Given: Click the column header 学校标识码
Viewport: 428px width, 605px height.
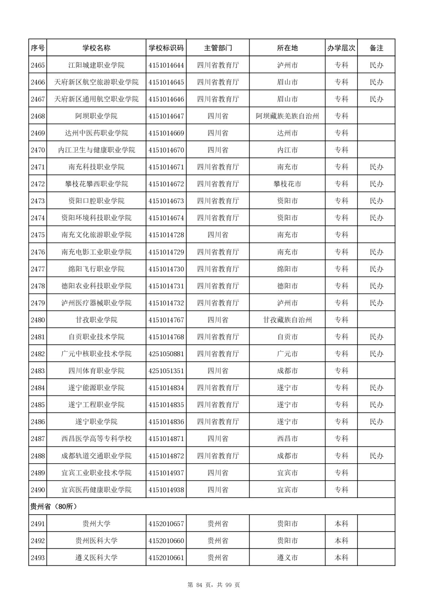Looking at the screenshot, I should pyautogui.click(x=166, y=48).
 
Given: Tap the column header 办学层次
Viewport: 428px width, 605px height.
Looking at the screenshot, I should pyautogui.click(x=341, y=48).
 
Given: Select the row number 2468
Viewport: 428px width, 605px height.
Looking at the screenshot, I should pyautogui.click(x=38, y=116).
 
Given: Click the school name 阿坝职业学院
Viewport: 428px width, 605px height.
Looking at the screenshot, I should pyautogui.click(x=96, y=116).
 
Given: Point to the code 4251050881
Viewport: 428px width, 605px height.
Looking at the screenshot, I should pyautogui.click(x=166, y=354).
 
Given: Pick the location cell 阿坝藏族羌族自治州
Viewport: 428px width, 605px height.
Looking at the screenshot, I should pyautogui.click(x=287, y=116).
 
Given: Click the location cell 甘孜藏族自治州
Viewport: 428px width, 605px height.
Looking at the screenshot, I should pyautogui.click(x=287, y=320).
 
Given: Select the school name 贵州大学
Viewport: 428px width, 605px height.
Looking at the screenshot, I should pyautogui.click(x=96, y=524).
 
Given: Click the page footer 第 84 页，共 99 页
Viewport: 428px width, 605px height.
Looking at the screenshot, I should pyautogui.click(x=214, y=585).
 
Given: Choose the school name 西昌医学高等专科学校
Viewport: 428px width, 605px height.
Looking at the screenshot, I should pyautogui.click(x=96, y=439).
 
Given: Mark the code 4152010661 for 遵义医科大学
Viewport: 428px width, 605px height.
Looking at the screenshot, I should pyautogui.click(x=166, y=558).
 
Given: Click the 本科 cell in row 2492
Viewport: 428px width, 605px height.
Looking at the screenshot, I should pyautogui.click(x=341, y=541).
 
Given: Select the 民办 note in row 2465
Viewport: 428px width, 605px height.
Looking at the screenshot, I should pyautogui.click(x=376, y=65).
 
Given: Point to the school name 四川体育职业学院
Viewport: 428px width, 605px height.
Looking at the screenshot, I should pyautogui.click(x=96, y=371).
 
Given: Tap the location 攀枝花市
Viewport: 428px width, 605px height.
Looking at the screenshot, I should pyautogui.click(x=287, y=184).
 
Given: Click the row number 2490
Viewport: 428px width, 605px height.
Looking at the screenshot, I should pyautogui.click(x=38, y=490).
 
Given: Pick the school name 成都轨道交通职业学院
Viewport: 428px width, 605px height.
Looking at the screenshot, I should pyautogui.click(x=96, y=456).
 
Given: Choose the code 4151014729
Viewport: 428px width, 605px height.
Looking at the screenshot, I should pyautogui.click(x=166, y=252).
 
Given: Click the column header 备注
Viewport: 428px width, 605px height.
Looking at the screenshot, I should pyautogui.click(x=376, y=48).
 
